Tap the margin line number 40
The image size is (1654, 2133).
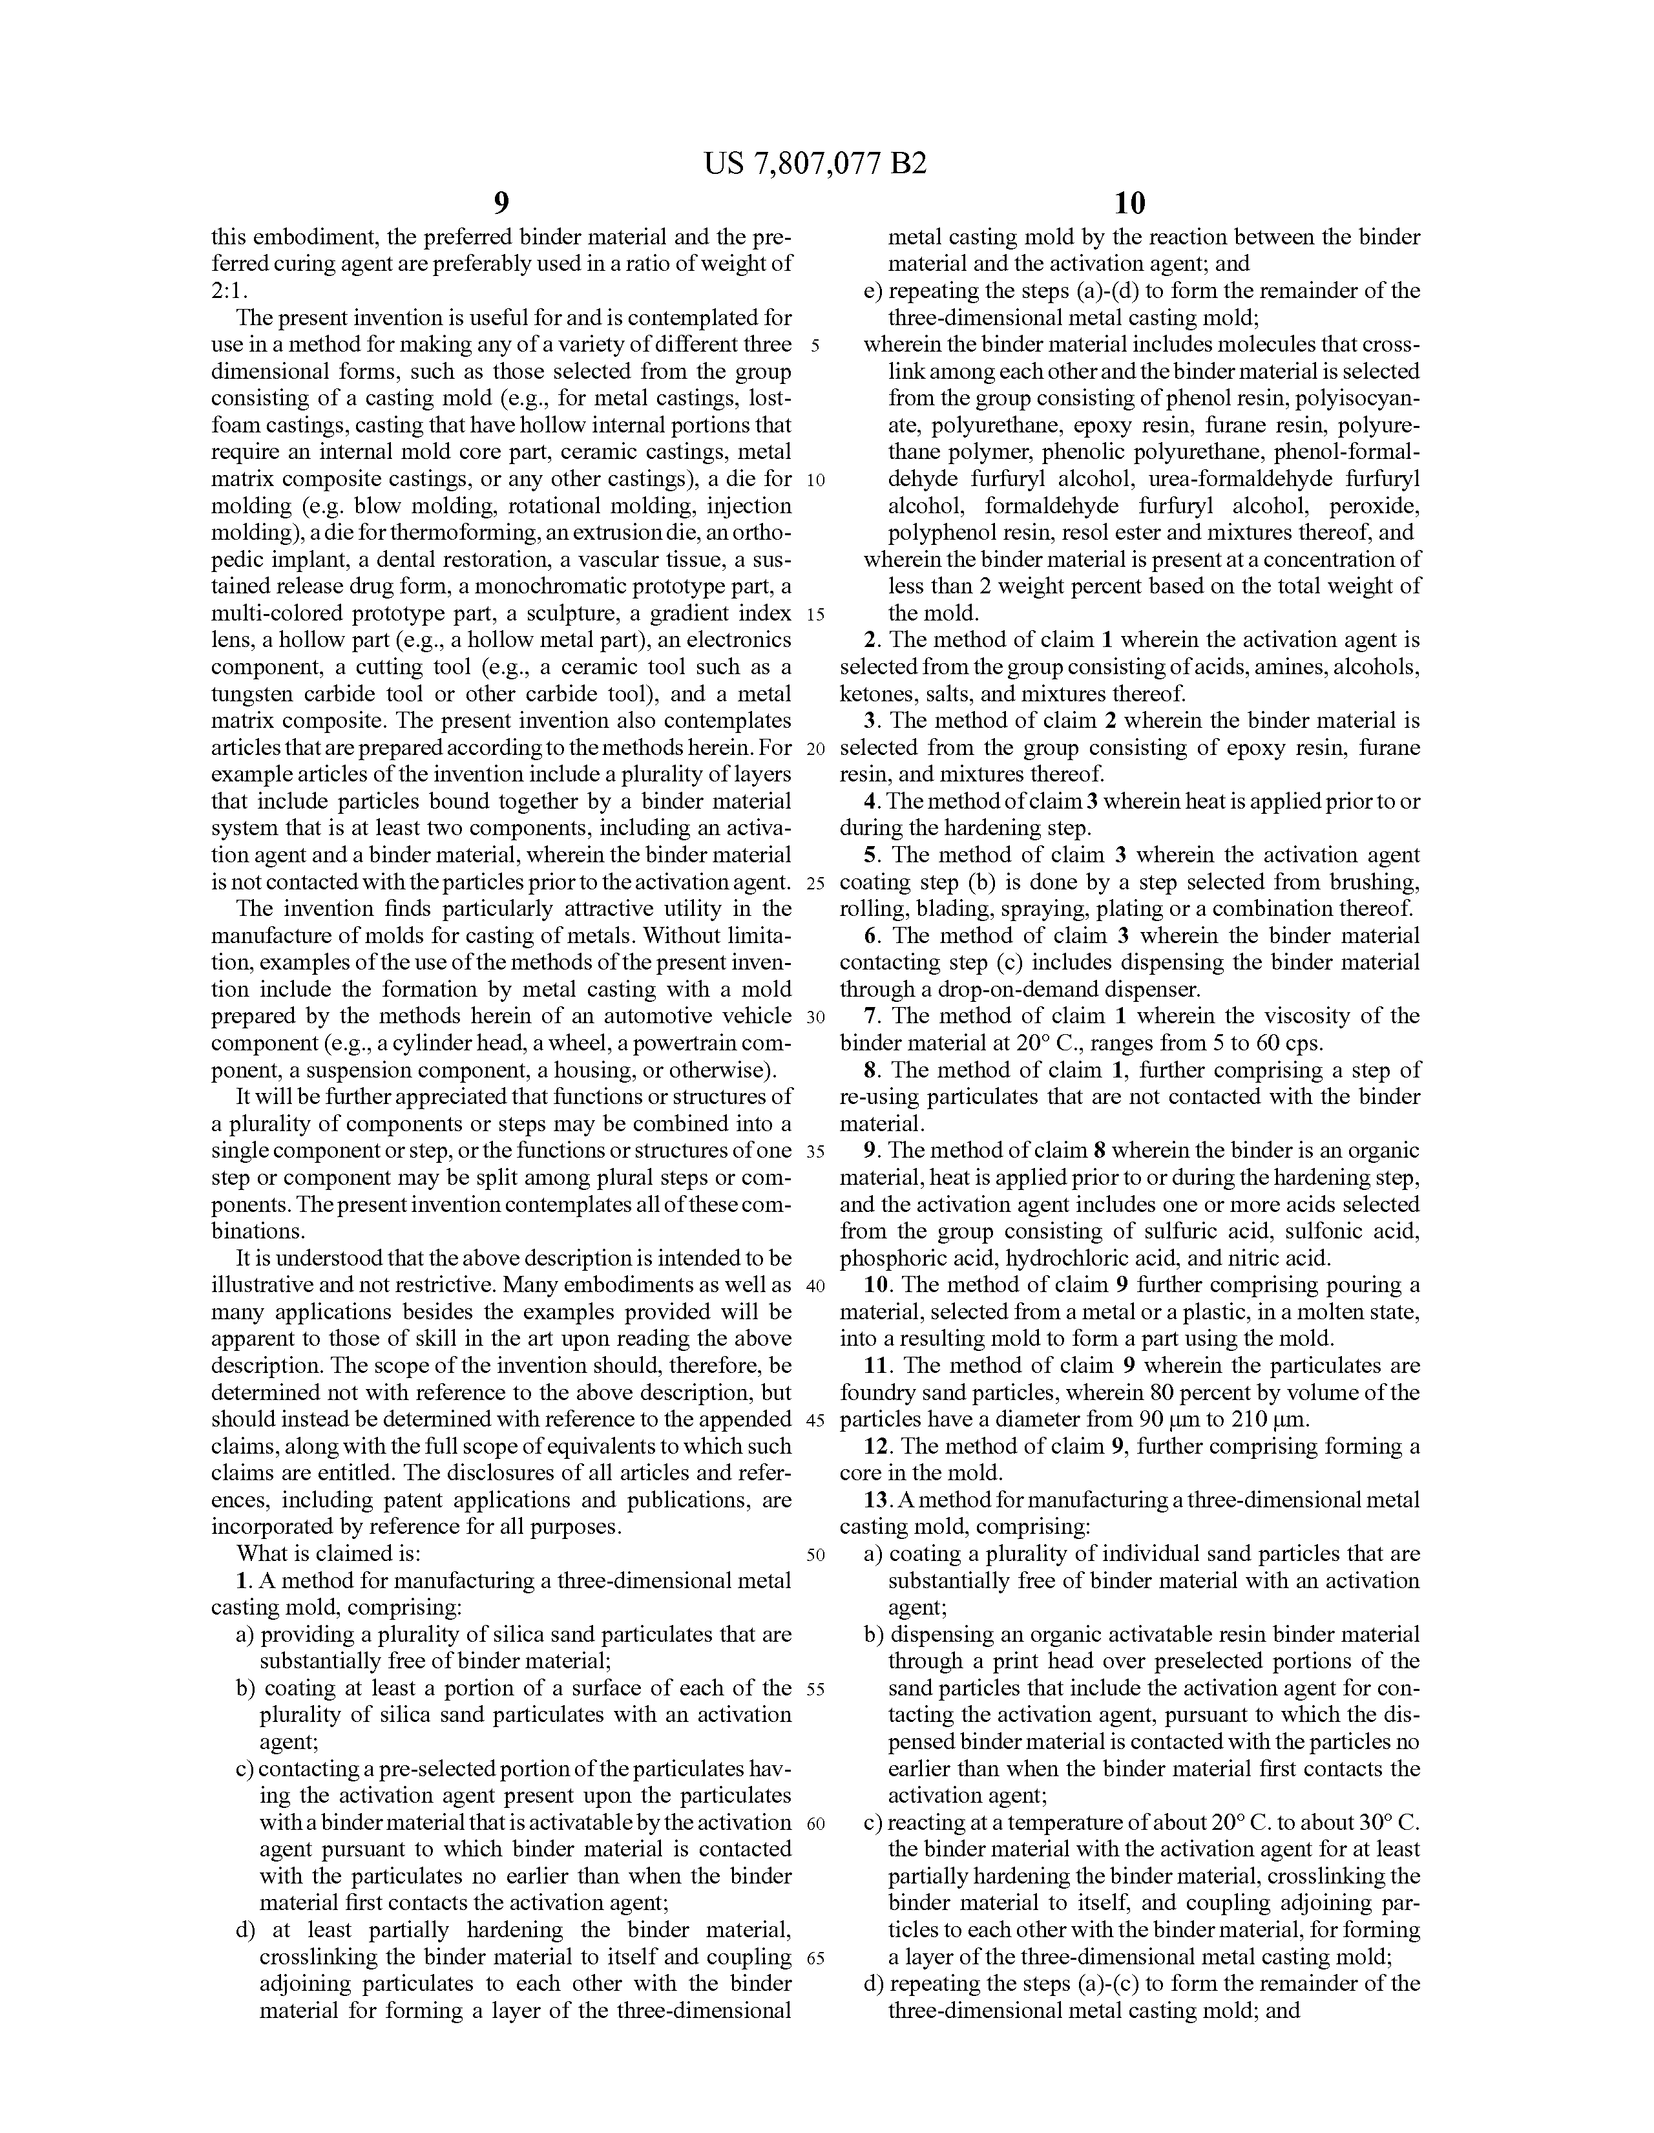pos(816,1284)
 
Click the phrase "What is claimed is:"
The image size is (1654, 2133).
pos(328,1553)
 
